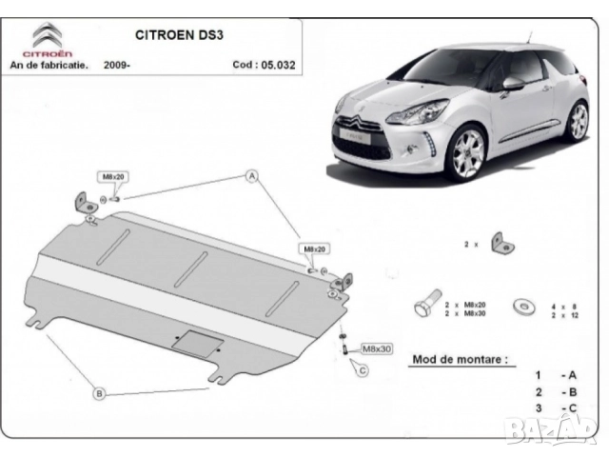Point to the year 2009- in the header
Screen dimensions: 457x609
(x=119, y=66)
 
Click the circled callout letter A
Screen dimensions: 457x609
(x=253, y=176)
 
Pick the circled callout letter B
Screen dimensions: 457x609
(x=98, y=392)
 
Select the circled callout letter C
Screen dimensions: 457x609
(x=363, y=369)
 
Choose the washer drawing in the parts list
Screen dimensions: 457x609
(x=521, y=306)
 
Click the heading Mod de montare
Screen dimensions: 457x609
(x=459, y=360)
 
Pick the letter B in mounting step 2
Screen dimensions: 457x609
(x=572, y=390)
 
